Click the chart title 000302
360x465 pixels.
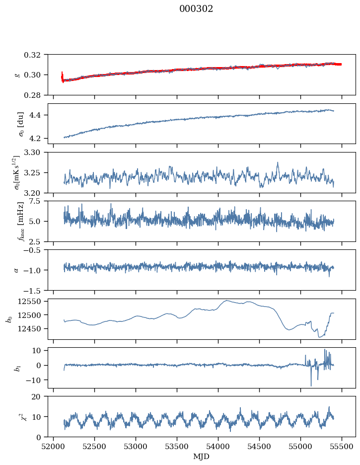[196, 9]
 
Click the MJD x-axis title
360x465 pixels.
[201, 457]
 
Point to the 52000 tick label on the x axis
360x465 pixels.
[54, 447]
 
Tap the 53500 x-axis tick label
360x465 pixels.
[177, 447]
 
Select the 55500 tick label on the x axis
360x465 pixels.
[342, 447]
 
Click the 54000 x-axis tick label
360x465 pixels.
[218, 447]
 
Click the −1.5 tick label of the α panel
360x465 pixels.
[34, 290]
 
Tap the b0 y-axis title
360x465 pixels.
[10, 319]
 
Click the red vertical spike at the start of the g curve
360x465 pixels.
[62, 77]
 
